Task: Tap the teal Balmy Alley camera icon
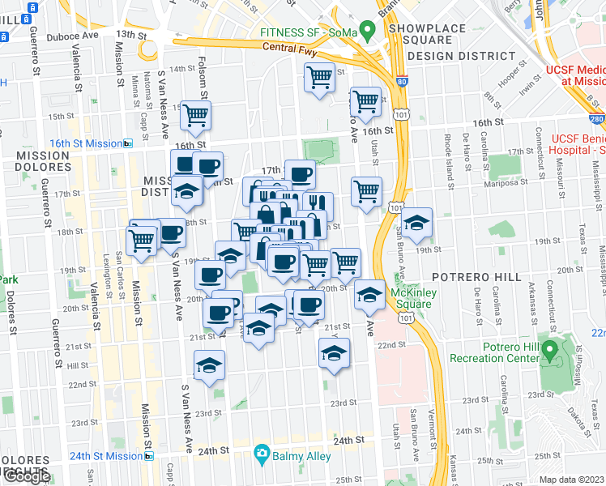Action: point(262,455)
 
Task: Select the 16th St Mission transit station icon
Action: point(127,143)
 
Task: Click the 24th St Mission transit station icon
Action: point(148,456)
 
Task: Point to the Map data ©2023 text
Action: point(571,480)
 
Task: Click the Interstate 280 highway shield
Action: point(597,119)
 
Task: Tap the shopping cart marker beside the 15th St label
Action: point(195,116)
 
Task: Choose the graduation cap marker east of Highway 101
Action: point(416,223)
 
